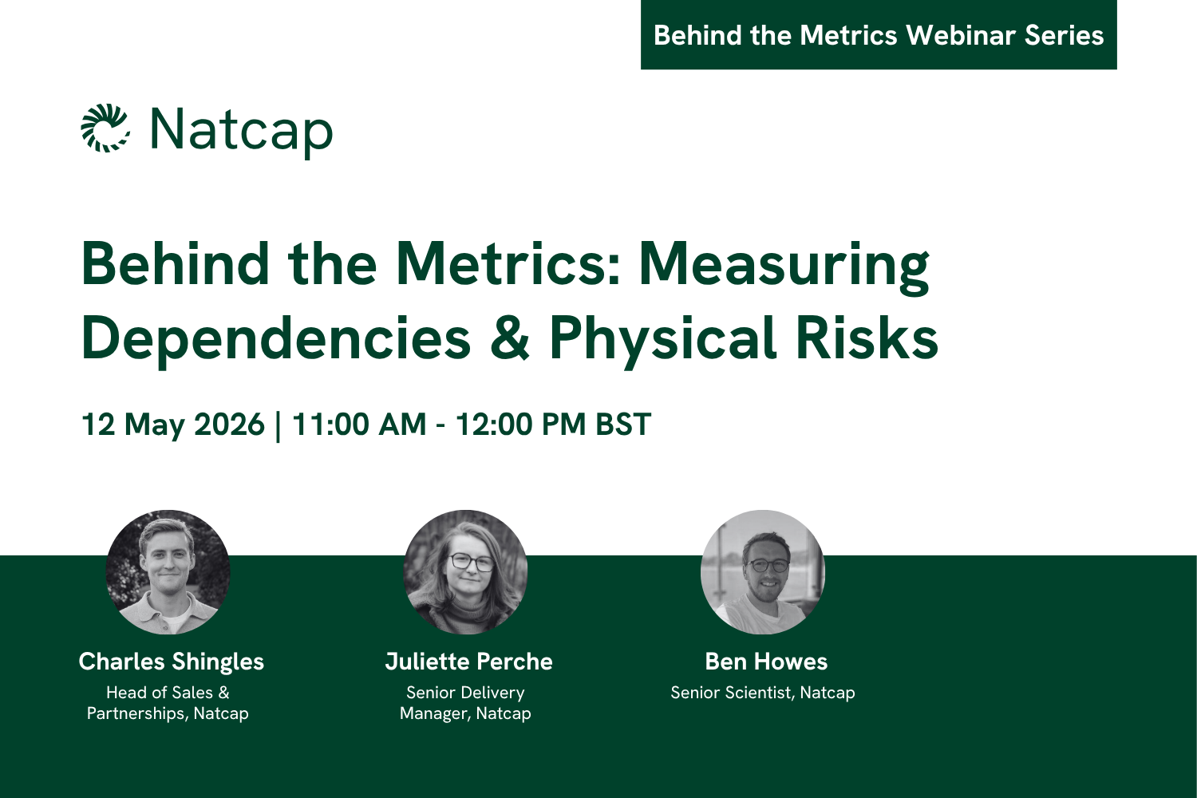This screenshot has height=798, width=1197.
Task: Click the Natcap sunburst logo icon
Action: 105,128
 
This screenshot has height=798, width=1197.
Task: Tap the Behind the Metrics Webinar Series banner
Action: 878,35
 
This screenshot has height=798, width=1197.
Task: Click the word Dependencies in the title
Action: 276,338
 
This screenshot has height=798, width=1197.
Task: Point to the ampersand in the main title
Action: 510,338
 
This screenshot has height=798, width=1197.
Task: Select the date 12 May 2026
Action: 172,425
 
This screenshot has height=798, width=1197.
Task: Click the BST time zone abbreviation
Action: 623,425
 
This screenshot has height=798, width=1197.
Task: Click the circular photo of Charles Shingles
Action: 168,572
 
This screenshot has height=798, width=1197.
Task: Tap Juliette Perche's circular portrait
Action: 465,572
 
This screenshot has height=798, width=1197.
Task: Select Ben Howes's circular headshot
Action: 762,572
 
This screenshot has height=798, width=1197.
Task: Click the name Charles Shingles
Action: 171,662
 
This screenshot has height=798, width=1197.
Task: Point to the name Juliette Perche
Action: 468,662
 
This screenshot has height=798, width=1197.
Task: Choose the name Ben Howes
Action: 766,662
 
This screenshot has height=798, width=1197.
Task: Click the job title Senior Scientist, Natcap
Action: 762,693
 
